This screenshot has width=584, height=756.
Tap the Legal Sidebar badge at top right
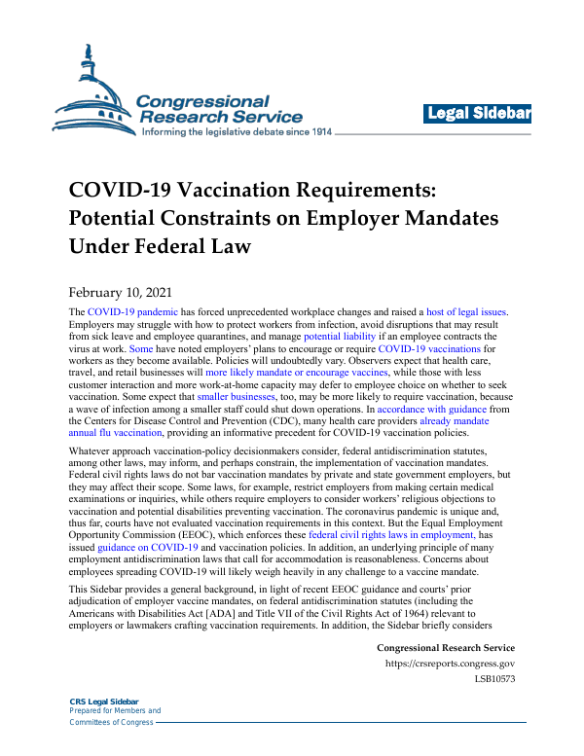click(x=478, y=115)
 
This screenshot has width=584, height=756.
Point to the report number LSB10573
click(x=493, y=680)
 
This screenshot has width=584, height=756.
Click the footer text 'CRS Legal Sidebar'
click(x=104, y=702)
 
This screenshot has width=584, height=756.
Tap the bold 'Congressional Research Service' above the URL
click(x=445, y=648)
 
